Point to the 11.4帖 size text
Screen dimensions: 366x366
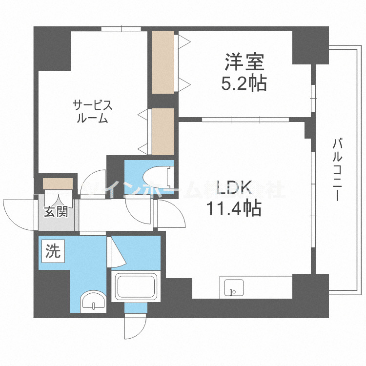(x=232, y=209)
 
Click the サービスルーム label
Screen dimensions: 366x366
(x=92, y=111)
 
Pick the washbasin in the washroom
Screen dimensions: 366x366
(x=93, y=302)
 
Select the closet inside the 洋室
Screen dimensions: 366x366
(x=163, y=62)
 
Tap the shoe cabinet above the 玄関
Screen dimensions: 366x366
(x=58, y=183)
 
